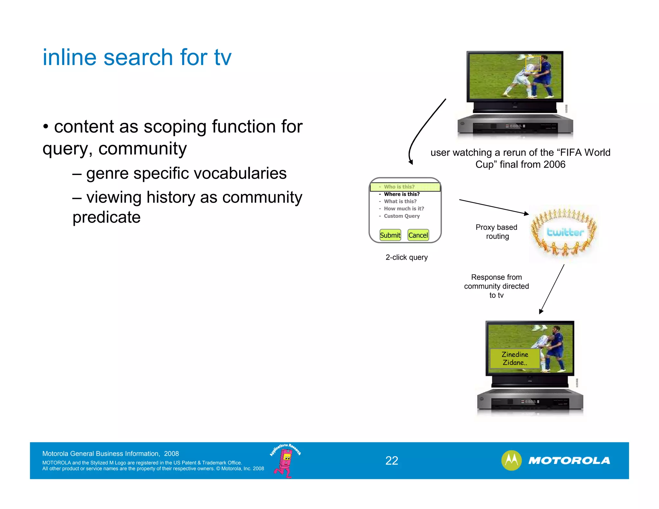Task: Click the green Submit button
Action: (x=390, y=235)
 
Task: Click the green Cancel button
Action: (x=418, y=235)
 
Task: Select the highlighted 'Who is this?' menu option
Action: (x=399, y=187)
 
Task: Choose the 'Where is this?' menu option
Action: (x=402, y=194)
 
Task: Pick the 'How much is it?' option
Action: (x=404, y=208)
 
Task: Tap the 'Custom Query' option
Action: (x=402, y=216)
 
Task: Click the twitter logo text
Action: (x=565, y=232)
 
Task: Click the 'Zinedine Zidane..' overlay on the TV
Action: (x=515, y=358)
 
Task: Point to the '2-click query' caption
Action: (x=406, y=257)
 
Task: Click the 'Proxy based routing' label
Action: (x=497, y=232)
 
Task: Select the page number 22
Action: (x=392, y=461)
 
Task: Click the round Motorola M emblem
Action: (x=511, y=460)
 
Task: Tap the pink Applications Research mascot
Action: (x=285, y=462)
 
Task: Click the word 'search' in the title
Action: (x=138, y=57)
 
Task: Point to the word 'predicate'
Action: (x=107, y=217)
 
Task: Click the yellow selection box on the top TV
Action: (x=533, y=64)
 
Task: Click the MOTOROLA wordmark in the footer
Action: (x=569, y=461)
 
